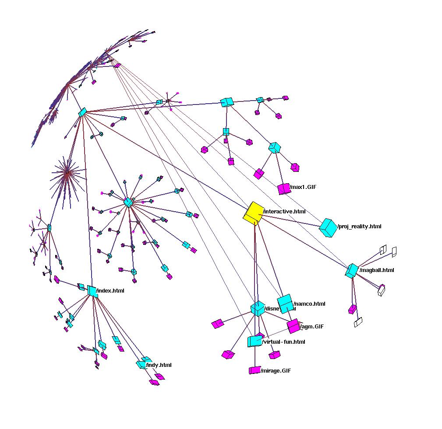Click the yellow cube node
tap(253, 212)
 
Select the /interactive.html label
tap(284, 212)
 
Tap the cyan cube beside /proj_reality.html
tap(328, 227)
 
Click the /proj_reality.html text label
tap(360, 227)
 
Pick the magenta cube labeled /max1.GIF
tap(283, 189)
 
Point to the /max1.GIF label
tap(303, 187)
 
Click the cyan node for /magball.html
tap(352, 271)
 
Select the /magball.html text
tap(377, 270)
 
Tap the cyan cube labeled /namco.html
tap(285, 303)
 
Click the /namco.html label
tap(310, 304)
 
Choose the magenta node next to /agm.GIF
tap(293, 326)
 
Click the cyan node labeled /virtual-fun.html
tap(255, 341)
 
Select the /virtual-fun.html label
tap(283, 342)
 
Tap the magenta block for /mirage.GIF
tap(255, 370)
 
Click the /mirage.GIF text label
tap(276, 371)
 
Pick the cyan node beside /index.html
tap(92, 291)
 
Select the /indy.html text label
tap(159, 365)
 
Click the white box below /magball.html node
tap(358, 322)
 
